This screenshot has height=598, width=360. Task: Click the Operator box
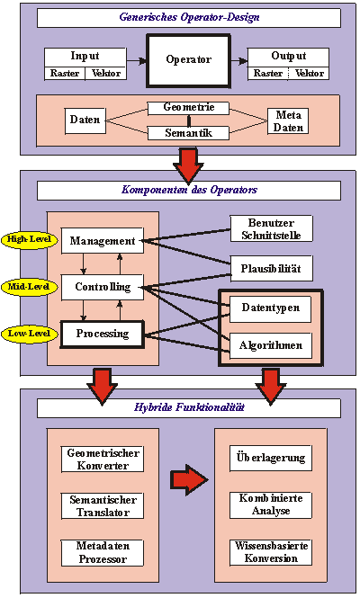pyautogui.click(x=189, y=60)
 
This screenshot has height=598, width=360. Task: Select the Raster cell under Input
pyautogui.click(x=65, y=73)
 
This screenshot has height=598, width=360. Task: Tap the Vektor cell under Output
pyautogui.click(x=309, y=73)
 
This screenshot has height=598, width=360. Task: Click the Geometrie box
pyautogui.click(x=189, y=108)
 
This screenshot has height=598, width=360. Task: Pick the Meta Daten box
pyautogui.click(x=288, y=120)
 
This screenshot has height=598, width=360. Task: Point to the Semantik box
pyautogui.click(x=189, y=133)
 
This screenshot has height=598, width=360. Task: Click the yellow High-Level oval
pyautogui.click(x=30, y=240)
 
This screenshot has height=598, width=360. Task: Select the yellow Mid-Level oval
pyautogui.click(x=30, y=287)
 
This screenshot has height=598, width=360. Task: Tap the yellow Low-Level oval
pyautogui.click(x=30, y=334)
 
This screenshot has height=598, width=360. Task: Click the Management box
pyautogui.click(x=103, y=241)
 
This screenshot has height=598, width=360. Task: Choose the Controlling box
pyautogui.click(x=103, y=287)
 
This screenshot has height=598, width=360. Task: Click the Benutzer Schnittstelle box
pyautogui.click(x=271, y=228)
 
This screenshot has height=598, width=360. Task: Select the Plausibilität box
pyautogui.click(x=271, y=269)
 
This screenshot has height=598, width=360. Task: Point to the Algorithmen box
pyautogui.click(x=271, y=345)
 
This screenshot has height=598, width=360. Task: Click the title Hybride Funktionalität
pyautogui.click(x=189, y=407)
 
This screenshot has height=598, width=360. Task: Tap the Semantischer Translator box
pyautogui.click(x=103, y=505)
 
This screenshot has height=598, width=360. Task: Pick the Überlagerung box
pyautogui.click(x=271, y=458)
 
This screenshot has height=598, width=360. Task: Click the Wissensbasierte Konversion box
pyautogui.click(x=271, y=552)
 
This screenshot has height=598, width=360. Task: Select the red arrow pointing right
pyautogui.click(x=189, y=480)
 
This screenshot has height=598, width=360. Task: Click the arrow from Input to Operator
pyautogui.click(x=136, y=60)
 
